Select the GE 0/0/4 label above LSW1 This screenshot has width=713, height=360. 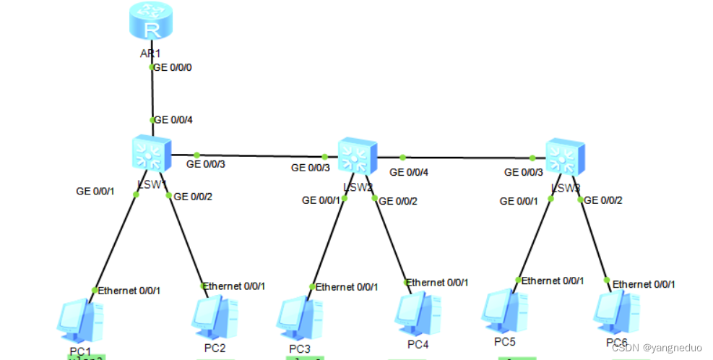pyautogui.click(x=173, y=119)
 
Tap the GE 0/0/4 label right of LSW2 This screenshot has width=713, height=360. pyautogui.click(x=409, y=172)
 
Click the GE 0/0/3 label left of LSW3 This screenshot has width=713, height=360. pyautogui.click(x=523, y=172)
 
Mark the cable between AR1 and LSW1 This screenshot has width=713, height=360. pyautogui.click(x=152, y=94)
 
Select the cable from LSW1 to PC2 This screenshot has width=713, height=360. pyautogui.click(x=186, y=239)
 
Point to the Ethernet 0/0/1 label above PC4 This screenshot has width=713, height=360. pyautogui.click(x=437, y=282)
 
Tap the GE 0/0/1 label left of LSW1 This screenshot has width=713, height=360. pyautogui.click(x=95, y=192)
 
